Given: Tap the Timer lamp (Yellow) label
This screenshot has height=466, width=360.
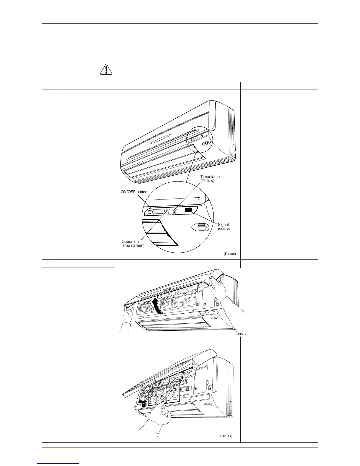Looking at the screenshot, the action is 210,179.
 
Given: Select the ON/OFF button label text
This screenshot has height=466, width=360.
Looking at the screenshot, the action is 134,192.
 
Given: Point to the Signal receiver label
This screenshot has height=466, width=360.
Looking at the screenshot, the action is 224,227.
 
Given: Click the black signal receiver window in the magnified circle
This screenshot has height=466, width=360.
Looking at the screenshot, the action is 189,210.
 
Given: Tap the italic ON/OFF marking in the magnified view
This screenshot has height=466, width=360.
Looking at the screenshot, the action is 149,212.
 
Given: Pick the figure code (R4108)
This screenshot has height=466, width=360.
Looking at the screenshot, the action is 230,253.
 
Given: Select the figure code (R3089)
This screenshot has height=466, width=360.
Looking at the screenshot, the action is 241,334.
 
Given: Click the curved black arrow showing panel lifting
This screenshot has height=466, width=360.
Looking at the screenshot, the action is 157,306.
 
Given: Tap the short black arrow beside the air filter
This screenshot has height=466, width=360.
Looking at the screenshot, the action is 142,401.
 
